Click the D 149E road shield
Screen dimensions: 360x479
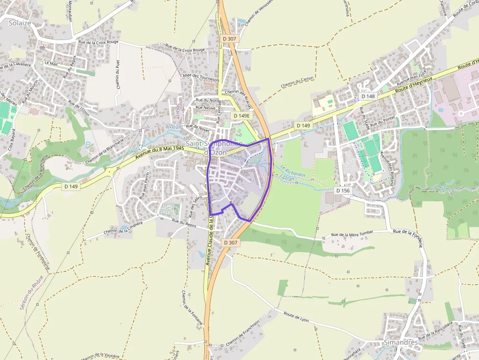coord(241,116)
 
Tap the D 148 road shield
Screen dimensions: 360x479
coord(368,96)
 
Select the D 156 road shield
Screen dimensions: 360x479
coord(343,190)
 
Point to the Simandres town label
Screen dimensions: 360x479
coord(401,342)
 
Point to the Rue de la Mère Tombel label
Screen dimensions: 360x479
coord(352,233)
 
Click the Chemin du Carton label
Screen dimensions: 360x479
coord(297,83)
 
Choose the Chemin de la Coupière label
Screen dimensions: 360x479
coord(123,228)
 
